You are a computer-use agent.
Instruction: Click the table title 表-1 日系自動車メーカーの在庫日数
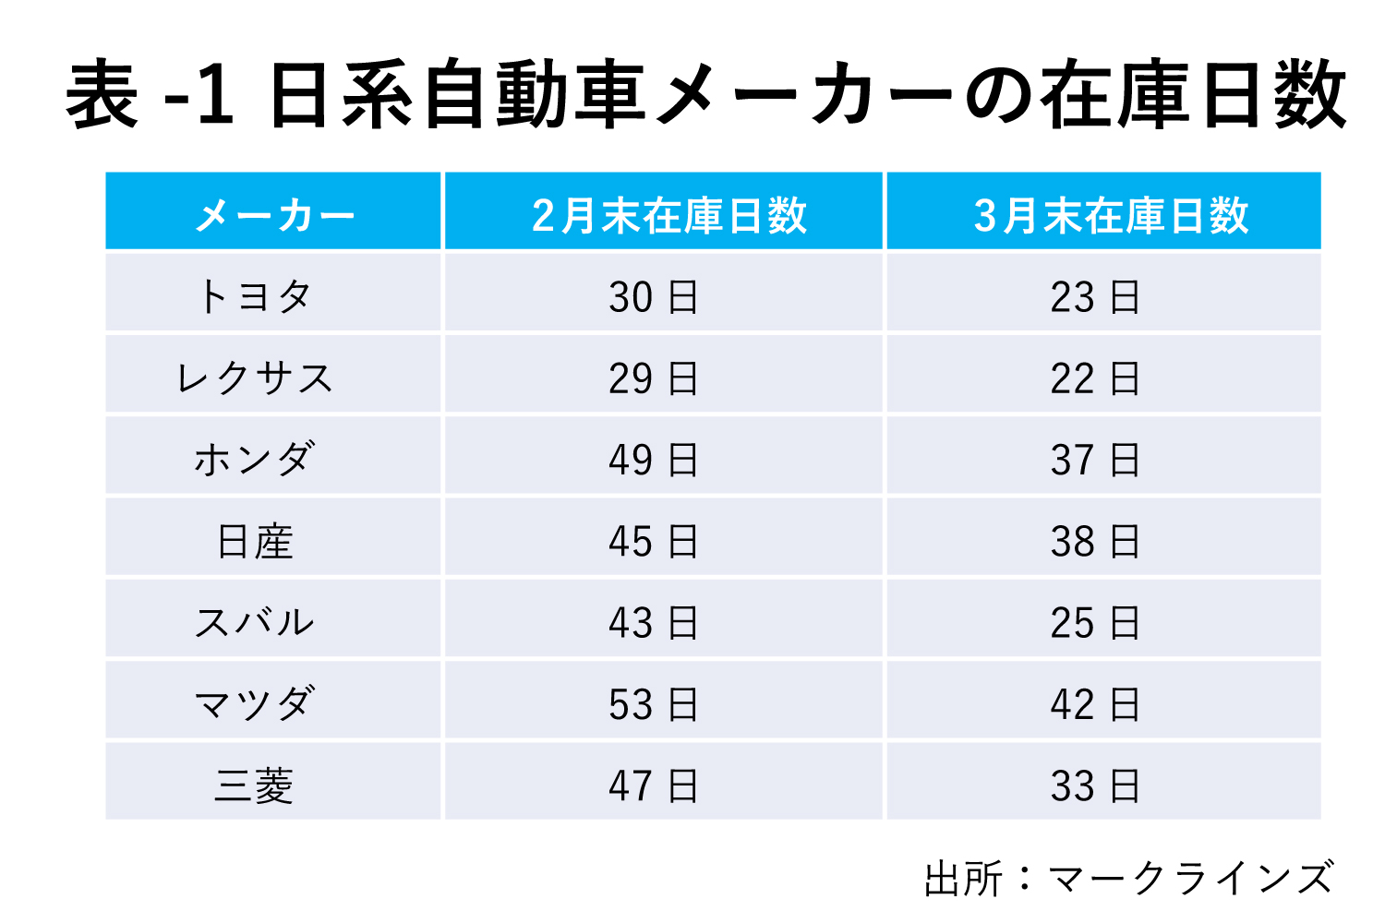pyautogui.click(x=706, y=95)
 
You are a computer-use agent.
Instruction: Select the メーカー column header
pyautogui.click(x=274, y=216)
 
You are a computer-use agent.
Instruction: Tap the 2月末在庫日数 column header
pyautogui.click(x=668, y=216)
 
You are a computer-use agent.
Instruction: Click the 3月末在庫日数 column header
pyautogui.click(x=1111, y=216)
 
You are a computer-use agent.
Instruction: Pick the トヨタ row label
pyautogui.click(x=255, y=297)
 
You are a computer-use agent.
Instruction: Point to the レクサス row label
pyautogui.click(x=255, y=378)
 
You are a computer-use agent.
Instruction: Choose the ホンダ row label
pyautogui.click(x=255, y=460)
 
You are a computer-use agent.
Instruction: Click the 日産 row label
pyautogui.click(x=255, y=541)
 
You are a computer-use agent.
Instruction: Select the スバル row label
pyautogui.click(x=255, y=622)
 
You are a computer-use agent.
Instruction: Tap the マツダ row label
pyautogui.click(x=255, y=704)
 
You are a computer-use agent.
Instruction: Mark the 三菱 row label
pyautogui.click(x=255, y=785)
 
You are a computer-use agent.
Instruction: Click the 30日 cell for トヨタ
pyautogui.click(x=654, y=297)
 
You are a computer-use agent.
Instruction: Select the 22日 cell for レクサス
pyautogui.click(x=1095, y=378)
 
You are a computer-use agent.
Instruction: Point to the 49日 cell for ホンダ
pyautogui.click(x=654, y=460)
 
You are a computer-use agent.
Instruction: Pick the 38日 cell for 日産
pyautogui.click(x=1095, y=541)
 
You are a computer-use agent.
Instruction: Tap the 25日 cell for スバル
pyautogui.click(x=1095, y=622)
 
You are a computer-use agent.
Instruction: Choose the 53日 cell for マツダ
pyautogui.click(x=654, y=704)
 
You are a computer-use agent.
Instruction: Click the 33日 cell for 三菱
pyautogui.click(x=1095, y=785)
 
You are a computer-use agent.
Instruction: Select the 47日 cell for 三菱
pyautogui.click(x=654, y=785)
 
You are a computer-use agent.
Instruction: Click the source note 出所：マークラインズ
pyautogui.click(x=1128, y=878)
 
